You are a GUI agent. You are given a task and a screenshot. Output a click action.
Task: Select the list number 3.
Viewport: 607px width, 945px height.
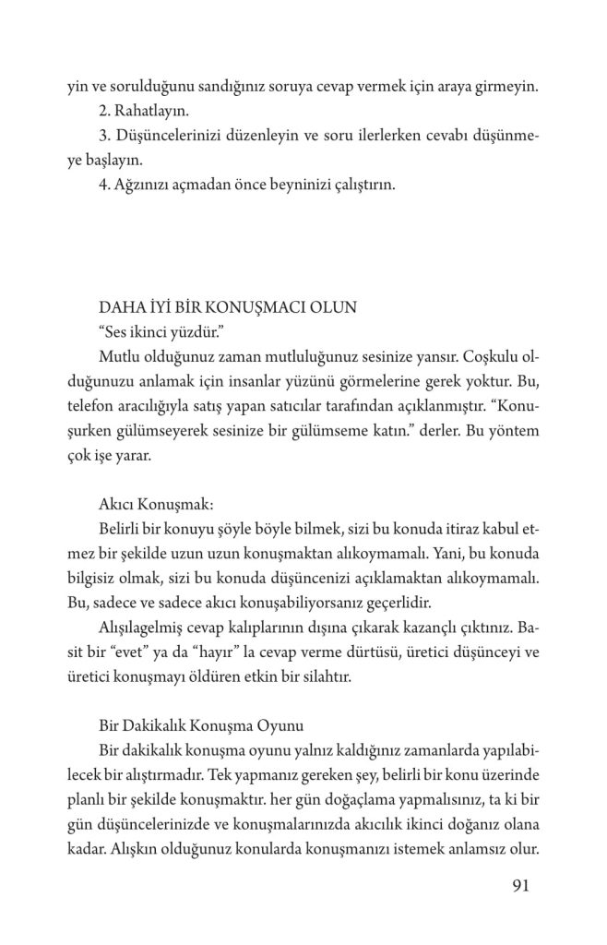point(101,137)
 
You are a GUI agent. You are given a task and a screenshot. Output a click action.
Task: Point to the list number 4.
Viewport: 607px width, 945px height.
point(101,185)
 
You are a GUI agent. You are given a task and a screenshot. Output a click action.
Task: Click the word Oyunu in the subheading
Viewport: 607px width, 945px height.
point(274,725)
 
